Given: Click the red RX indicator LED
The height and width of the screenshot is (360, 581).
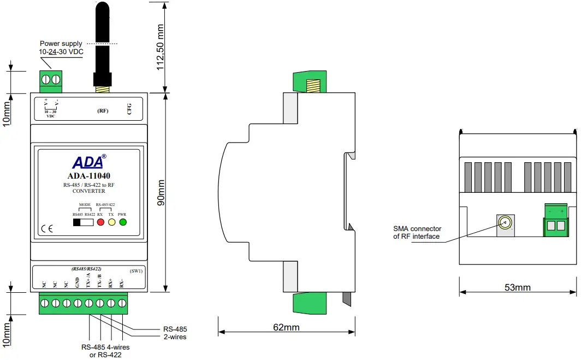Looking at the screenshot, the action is coord(100,222).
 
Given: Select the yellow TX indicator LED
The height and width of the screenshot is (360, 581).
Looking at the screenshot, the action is coord(111,222).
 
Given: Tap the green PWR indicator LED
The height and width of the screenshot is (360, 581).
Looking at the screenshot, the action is coord(123,222).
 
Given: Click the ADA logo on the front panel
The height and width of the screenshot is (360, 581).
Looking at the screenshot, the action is coord(89,162).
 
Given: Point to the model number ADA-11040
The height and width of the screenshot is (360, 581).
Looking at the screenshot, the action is coord(89,176).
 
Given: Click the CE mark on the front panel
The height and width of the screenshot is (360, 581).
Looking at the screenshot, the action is coord(47,228).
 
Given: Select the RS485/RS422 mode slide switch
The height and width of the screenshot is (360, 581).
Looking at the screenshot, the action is coord(84,222).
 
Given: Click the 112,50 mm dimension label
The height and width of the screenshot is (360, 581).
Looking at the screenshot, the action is coord(160,47).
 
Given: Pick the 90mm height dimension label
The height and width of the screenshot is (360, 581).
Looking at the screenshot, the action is coord(161,193).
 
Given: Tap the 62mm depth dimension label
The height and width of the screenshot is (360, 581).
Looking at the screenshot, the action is coord(287,327).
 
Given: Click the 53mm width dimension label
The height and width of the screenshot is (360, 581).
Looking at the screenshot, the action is coord(518,287).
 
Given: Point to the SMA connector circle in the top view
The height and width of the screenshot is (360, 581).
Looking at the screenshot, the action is coord(505,223).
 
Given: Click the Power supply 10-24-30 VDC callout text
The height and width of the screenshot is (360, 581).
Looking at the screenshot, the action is coord(61,48).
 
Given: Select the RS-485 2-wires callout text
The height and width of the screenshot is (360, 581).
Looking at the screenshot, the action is coord(175,333).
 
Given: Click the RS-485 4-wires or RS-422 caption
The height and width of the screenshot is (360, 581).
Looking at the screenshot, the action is coord(105,351).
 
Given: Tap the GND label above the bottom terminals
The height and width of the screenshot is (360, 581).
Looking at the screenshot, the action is coord(78,282).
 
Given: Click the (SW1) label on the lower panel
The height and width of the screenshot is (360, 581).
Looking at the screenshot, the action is coord(136,271).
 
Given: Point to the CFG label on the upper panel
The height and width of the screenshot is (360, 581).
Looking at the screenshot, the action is coord(129,109).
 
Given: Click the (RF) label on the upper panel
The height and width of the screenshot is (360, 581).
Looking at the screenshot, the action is coord(103,110).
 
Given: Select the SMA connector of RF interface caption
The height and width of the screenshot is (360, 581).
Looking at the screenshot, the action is coord(417,233).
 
